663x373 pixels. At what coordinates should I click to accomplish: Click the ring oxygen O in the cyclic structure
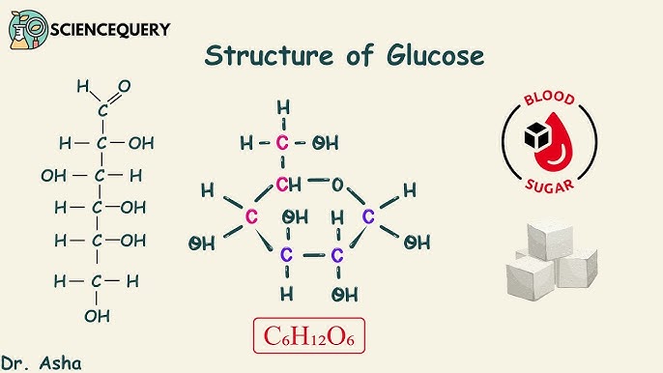[337, 184]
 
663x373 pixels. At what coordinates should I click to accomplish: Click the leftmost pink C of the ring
[251, 216]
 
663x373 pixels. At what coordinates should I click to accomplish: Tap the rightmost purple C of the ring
[368, 216]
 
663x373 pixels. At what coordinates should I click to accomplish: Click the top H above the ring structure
[283, 106]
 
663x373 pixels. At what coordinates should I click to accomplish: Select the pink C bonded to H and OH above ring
[283, 144]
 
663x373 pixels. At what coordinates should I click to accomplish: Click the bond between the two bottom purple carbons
[311, 256]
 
